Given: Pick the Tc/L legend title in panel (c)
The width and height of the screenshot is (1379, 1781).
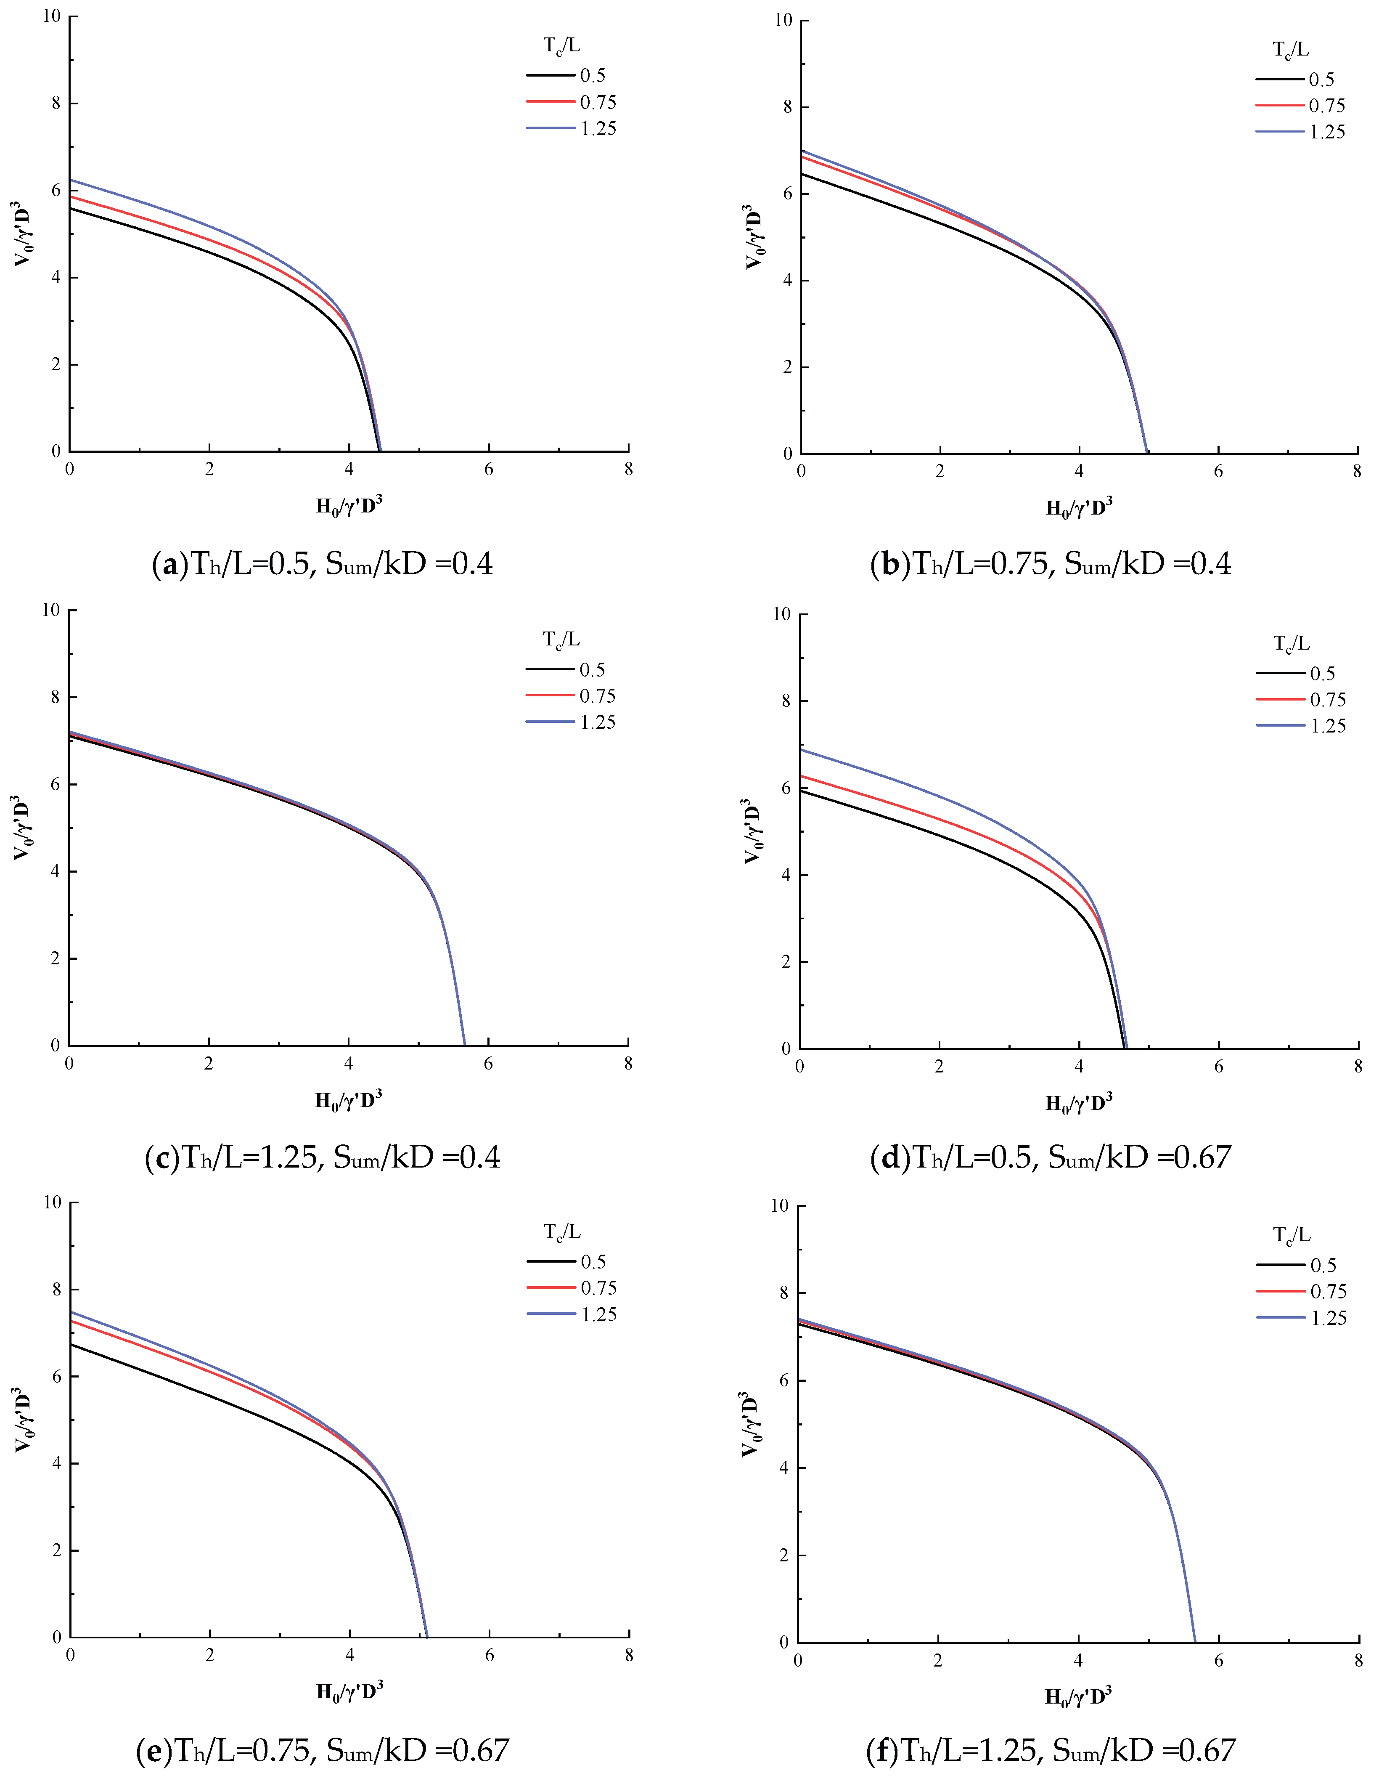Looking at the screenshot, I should click(561, 640).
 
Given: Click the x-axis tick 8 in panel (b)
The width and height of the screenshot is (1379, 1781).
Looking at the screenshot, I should click(1357, 472).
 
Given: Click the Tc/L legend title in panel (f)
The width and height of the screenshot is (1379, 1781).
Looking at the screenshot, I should click(1292, 1235).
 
